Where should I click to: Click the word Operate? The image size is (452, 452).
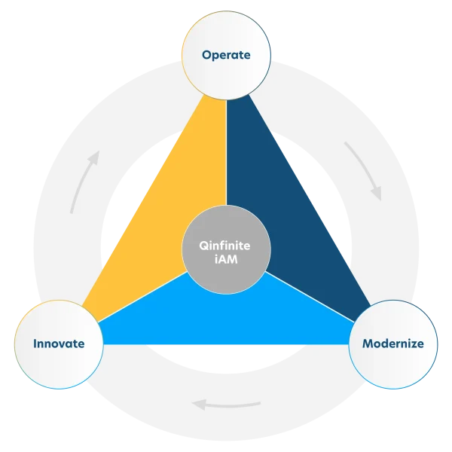click(x=226, y=55)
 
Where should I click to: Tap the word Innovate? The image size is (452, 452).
click(x=58, y=344)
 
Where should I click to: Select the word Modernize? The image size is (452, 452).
click(x=393, y=344)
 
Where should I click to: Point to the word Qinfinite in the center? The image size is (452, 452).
click(x=226, y=245)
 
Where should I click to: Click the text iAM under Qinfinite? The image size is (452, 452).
click(x=226, y=258)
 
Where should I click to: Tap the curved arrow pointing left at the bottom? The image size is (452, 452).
click(x=226, y=405)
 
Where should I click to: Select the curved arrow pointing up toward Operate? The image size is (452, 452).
click(x=84, y=181)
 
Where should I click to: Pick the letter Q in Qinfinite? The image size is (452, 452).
click(x=203, y=245)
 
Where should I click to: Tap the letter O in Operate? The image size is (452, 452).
click(x=206, y=55)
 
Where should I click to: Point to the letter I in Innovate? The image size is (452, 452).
click(x=35, y=344)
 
